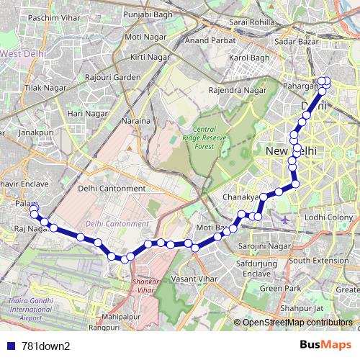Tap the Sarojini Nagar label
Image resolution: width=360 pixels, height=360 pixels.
tap(264, 246)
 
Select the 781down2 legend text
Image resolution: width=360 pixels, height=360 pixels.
tap(46, 346)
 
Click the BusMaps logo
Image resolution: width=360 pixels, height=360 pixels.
tap(322, 345)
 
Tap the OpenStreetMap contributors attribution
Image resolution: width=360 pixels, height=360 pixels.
tap(298, 323)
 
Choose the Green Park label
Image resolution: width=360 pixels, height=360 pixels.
tap(281, 288)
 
